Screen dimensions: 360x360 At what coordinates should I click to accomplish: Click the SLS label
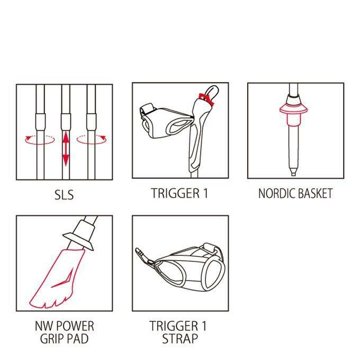click(64, 195)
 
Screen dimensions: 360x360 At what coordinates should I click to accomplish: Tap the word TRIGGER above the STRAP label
click(174, 326)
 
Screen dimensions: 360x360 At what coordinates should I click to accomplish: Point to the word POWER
click(75, 326)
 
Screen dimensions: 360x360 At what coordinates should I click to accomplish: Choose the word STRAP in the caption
click(180, 339)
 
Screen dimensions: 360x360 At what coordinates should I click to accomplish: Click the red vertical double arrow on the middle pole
click(66, 148)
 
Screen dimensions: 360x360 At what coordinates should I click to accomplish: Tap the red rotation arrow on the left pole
click(40, 140)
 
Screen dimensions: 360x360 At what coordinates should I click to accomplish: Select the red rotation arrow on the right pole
click(92, 140)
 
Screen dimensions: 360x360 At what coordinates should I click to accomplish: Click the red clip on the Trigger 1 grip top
click(206, 99)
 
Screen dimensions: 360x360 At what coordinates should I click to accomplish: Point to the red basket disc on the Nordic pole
click(294, 109)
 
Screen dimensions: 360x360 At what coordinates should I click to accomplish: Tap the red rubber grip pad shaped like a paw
click(57, 278)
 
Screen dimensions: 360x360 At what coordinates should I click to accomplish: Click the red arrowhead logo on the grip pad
click(63, 279)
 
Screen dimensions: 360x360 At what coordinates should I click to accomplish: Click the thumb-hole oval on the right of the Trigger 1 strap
click(214, 275)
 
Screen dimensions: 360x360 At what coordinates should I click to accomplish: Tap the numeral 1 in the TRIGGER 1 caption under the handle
click(205, 193)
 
